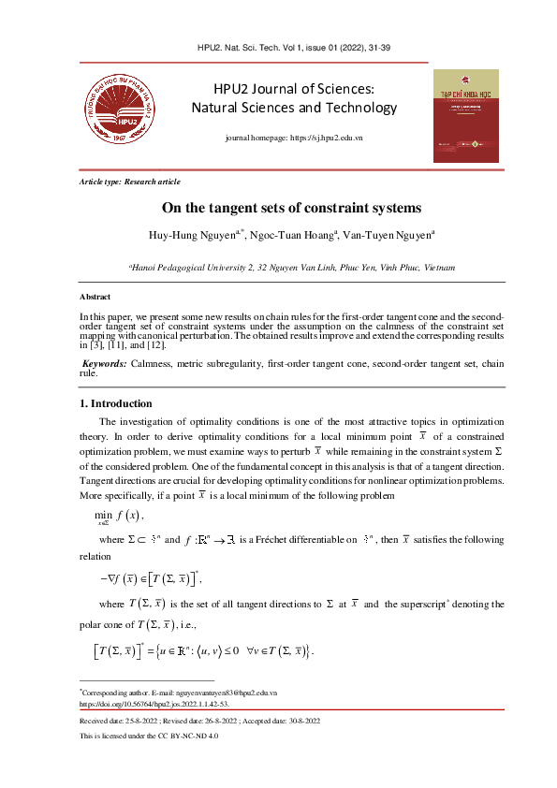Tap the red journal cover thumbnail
pos(465,114)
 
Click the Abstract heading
pos(95,297)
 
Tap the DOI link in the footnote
pos(154,702)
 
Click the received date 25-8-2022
pos(139,722)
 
